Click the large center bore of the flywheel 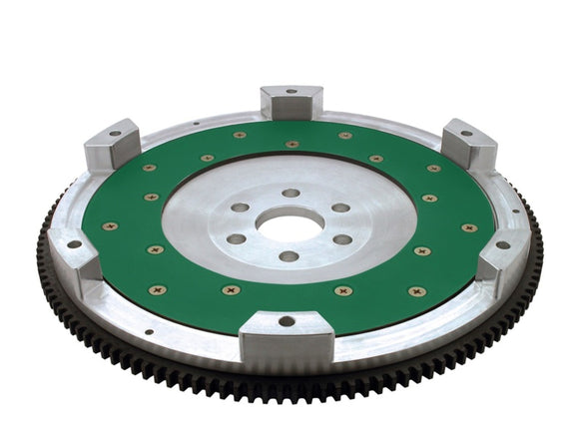click(x=289, y=224)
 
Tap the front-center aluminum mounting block click(x=286, y=334)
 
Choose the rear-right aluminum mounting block click(x=468, y=143)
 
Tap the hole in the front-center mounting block click(x=287, y=321)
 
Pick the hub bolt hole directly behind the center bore click(x=290, y=193)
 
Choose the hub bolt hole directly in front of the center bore click(x=289, y=256)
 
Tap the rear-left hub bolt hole click(x=241, y=208)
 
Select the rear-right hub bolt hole click(x=340, y=208)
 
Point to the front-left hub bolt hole click(x=237, y=239)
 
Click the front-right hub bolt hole click(x=342, y=239)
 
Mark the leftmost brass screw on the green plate click(x=109, y=226)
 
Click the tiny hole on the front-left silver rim click(x=148, y=332)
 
